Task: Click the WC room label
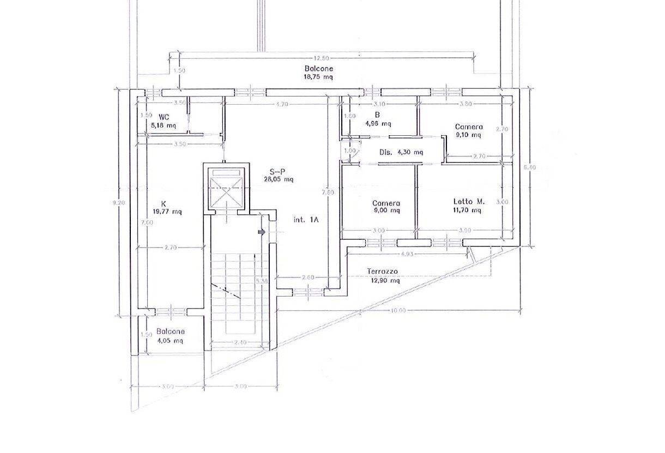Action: [x=163, y=117]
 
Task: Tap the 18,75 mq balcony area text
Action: [x=319, y=77]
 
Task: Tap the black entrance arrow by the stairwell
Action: [x=262, y=232]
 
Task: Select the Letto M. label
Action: [x=469, y=202]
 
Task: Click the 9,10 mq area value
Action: [x=469, y=135]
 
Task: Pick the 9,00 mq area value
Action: [x=386, y=210]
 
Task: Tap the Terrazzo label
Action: [x=383, y=271]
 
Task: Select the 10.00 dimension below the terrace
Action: [x=398, y=311]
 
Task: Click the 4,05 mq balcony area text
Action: [x=170, y=340]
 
